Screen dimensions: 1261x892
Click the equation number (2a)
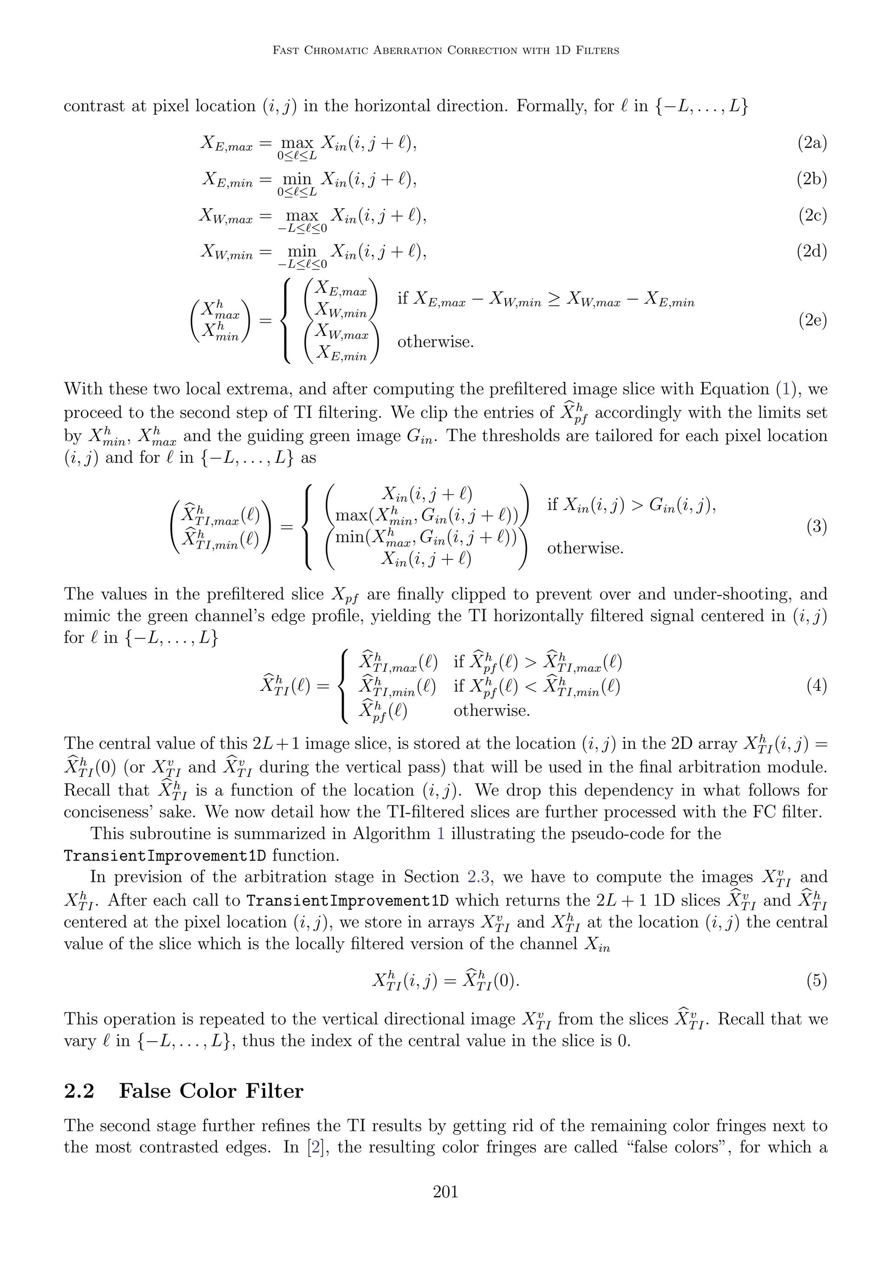pyautogui.click(x=812, y=144)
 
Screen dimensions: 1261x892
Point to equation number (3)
pyautogui.click(x=816, y=527)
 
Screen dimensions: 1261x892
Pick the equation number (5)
pyautogui.click(x=816, y=980)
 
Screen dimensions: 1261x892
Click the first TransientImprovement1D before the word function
pyautogui.click(x=165, y=856)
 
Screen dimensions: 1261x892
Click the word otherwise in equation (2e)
pyautogui.click(x=435, y=342)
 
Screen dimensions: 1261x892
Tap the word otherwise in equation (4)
pyautogui.click(x=492, y=711)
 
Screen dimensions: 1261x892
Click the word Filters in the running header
pyautogui.click(x=596, y=51)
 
